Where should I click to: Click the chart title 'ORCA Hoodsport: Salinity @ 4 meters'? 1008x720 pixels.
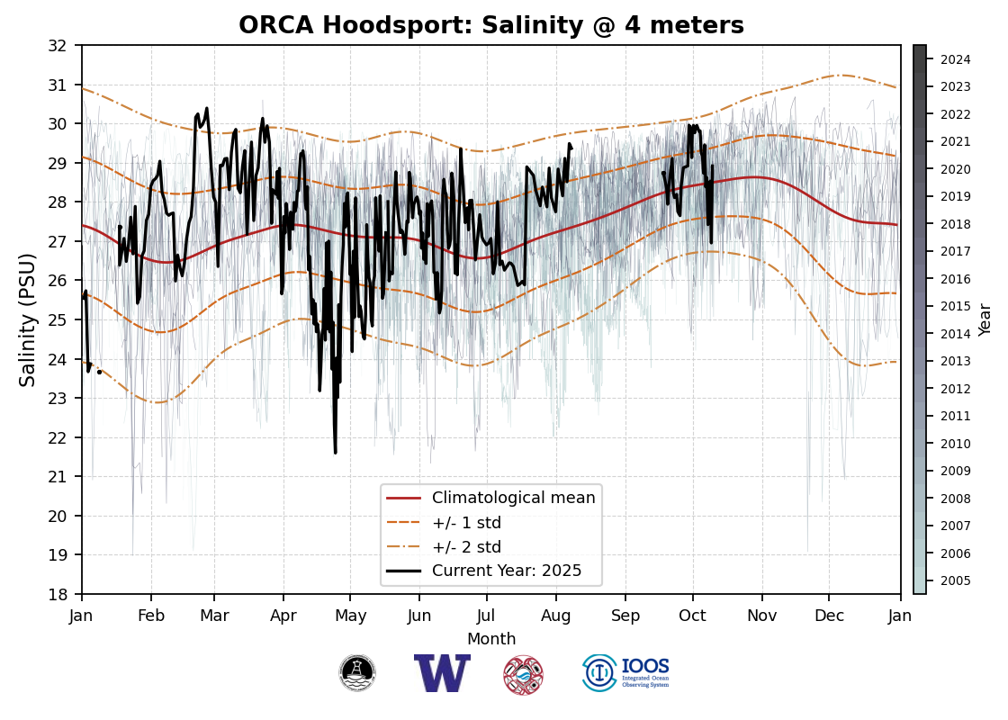pyautogui.click(x=491, y=25)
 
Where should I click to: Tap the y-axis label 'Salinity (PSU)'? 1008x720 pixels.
pyautogui.click(x=28, y=319)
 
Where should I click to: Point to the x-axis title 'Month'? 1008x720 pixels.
pyautogui.click(x=491, y=639)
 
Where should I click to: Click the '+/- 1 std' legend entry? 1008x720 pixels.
pyautogui.click(x=466, y=523)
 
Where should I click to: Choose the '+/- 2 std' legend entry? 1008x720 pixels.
pyautogui.click(x=466, y=547)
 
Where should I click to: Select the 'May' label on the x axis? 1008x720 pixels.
pyautogui.click(x=350, y=616)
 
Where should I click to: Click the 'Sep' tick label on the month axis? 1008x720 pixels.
pyautogui.click(x=625, y=616)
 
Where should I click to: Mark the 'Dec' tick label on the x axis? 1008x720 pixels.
pyautogui.click(x=830, y=616)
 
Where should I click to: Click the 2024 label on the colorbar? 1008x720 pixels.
pyautogui.click(x=955, y=60)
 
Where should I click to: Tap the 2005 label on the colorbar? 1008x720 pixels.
pyautogui.click(x=955, y=580)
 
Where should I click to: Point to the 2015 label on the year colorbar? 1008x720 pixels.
pyautogui.click(x=955, y=307)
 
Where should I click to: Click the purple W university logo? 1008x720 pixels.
pyautogui.click(x=442, y=673)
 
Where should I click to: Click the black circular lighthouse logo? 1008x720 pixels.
pyautogui.click(x=357, y=673)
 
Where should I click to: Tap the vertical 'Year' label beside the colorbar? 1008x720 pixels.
pyautogui.click(x=985, y=319)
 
